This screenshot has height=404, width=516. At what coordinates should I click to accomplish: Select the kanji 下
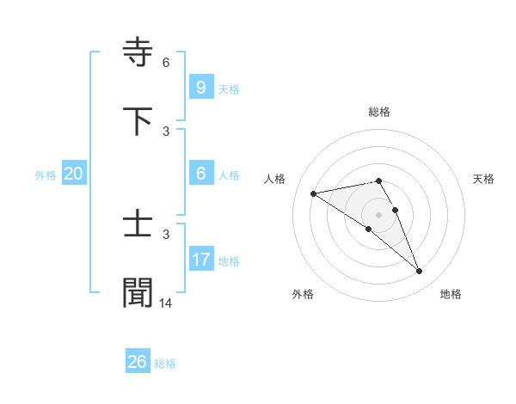point(138,120)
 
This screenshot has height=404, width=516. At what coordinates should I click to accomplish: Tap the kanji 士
point(138,225)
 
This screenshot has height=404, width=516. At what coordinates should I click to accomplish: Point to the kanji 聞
point(138,292)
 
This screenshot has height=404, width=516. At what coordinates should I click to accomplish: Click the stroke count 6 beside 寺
point(165,63)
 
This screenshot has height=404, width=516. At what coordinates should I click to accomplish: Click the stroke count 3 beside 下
point(165,131)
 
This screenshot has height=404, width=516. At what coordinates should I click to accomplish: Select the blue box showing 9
point(200,87)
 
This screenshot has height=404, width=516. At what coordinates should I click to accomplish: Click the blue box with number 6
point(200,173)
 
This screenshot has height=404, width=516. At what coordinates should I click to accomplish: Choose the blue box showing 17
point(200,259)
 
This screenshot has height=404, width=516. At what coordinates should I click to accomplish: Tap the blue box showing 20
point(73,173)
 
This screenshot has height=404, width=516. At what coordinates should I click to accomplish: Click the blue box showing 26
point(137,362)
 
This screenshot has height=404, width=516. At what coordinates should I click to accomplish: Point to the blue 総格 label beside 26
point(165,364)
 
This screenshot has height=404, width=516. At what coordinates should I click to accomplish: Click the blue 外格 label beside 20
point(46,175)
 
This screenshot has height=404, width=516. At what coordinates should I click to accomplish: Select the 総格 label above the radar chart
point(379,112)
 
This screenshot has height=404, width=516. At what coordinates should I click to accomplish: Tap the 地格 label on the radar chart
point(451,295)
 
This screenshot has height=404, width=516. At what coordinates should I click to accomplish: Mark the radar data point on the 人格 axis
point(313,193)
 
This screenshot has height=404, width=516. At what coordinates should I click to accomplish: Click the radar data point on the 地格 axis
point(420,272)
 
